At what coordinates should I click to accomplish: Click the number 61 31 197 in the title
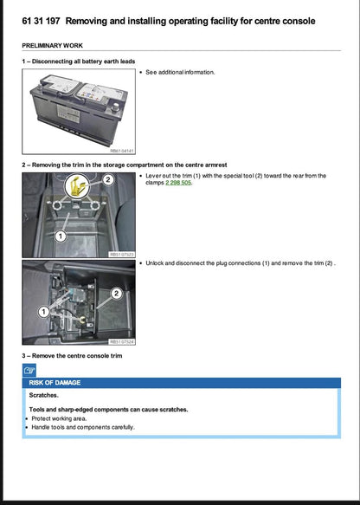click(x=41, y=20)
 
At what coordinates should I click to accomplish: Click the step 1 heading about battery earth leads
click(x=80, y=61)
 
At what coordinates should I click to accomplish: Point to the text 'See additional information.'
click(x=180, y=72)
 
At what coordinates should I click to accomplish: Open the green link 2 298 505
click(x=179, y=183)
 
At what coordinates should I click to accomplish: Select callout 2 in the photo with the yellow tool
click(x=108, y=180)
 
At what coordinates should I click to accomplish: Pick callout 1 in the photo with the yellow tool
click(x=61, y=235)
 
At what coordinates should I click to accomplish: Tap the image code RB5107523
click(x=121, y=255)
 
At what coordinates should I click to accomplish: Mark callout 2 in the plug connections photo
click(x=116, y=294)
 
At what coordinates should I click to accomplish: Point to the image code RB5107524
click(x=121, y=342)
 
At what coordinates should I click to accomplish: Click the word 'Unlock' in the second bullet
click(x=157, y=262)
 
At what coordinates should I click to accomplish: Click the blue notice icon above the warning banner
click(x=29, y=370)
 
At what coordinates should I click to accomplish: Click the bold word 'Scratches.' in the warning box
click(x=45, y=395)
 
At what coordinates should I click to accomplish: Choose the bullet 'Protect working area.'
click(x=63, y=418)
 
